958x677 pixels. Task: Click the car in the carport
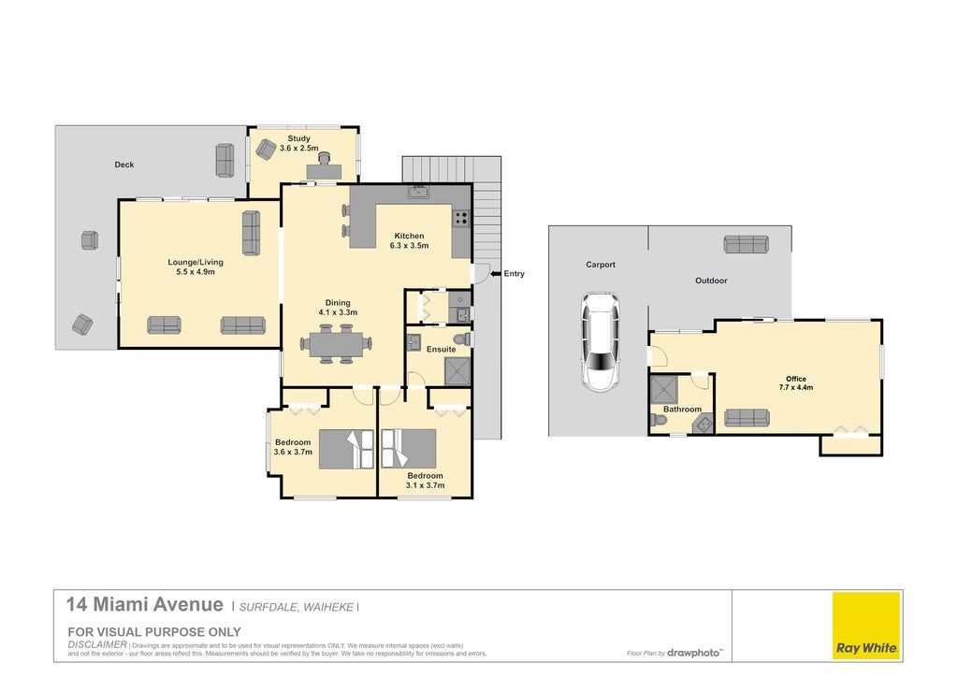600,342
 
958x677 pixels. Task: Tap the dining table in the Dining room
336,344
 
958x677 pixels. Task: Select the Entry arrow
496,273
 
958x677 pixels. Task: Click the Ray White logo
865,625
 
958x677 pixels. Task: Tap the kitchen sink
418,192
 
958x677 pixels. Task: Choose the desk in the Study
324,171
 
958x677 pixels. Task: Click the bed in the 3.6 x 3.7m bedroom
346,449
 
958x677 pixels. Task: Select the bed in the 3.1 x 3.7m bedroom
409,448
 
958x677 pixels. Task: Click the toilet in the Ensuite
461,339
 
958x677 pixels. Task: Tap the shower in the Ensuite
457,371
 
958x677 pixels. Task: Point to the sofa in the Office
747,418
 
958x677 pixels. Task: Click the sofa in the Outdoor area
746,244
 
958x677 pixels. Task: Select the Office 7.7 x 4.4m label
795,382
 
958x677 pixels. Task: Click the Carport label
601,265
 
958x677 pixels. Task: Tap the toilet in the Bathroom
659,420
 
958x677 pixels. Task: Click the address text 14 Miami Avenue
145,604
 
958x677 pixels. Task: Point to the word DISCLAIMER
97,644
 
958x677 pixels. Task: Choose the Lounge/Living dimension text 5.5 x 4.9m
196,272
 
